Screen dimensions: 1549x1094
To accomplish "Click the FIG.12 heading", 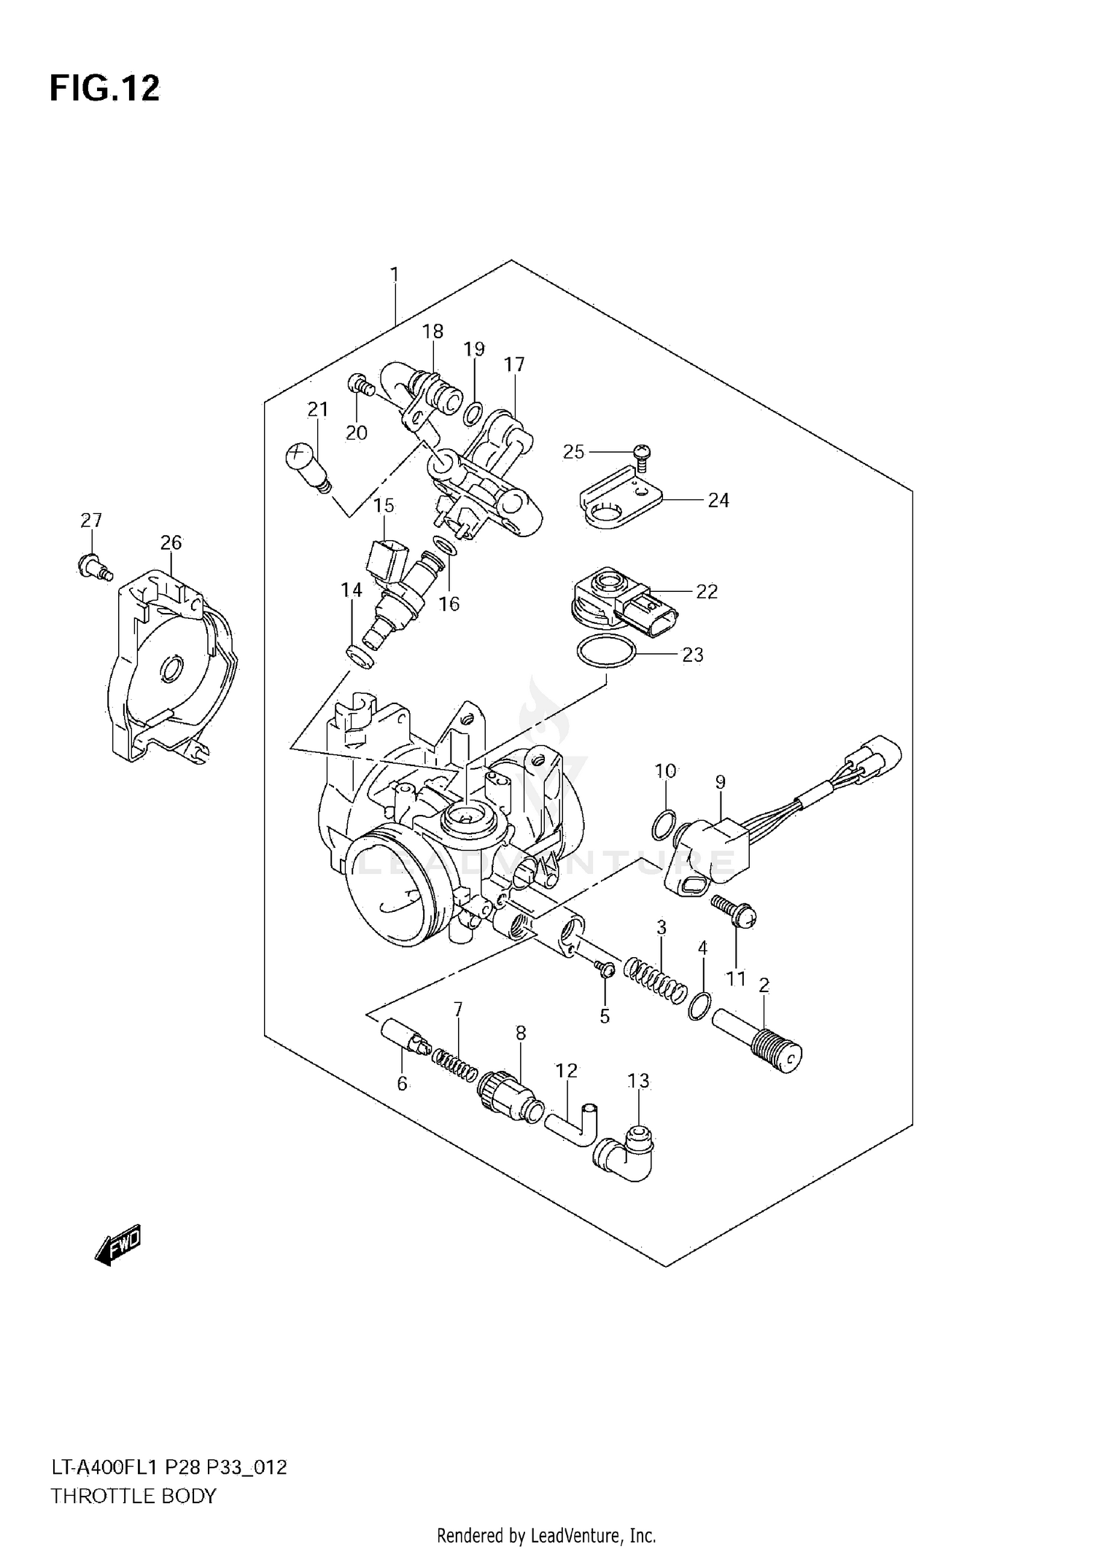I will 104,88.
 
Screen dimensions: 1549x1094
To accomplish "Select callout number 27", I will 91,520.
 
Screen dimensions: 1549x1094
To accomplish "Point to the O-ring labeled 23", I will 606,652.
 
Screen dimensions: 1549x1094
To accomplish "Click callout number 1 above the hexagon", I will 394,276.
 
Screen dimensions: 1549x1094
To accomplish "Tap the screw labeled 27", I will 93,566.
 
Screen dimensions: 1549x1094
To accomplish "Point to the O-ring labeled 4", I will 699,1006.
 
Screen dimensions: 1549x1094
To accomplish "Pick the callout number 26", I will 171,543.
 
